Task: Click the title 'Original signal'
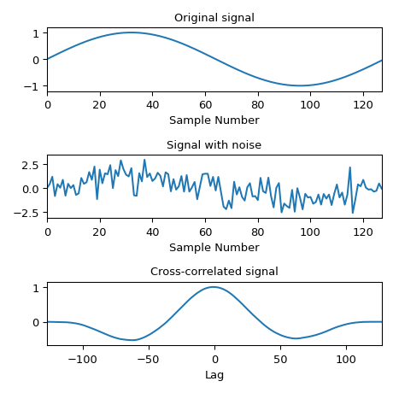pyautogui.click(x=214, y=18)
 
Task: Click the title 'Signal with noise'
pyautogui.click(x=214, y=145)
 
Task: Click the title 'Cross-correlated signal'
pyautogui.click(x=214, y=272)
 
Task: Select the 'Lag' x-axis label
pyautogui.click(x=214, y=374)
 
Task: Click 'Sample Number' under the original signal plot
pyautogui.click(x=214, y=120)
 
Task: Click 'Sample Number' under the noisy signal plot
pyautogui.click(x=214, y=248)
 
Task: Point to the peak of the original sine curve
pyautogui.click(x=131, y=32)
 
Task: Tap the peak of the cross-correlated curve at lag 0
pyautogui.click(x=214, y=287)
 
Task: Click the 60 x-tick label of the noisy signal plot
pyautogui.click(x=205, y=232)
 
